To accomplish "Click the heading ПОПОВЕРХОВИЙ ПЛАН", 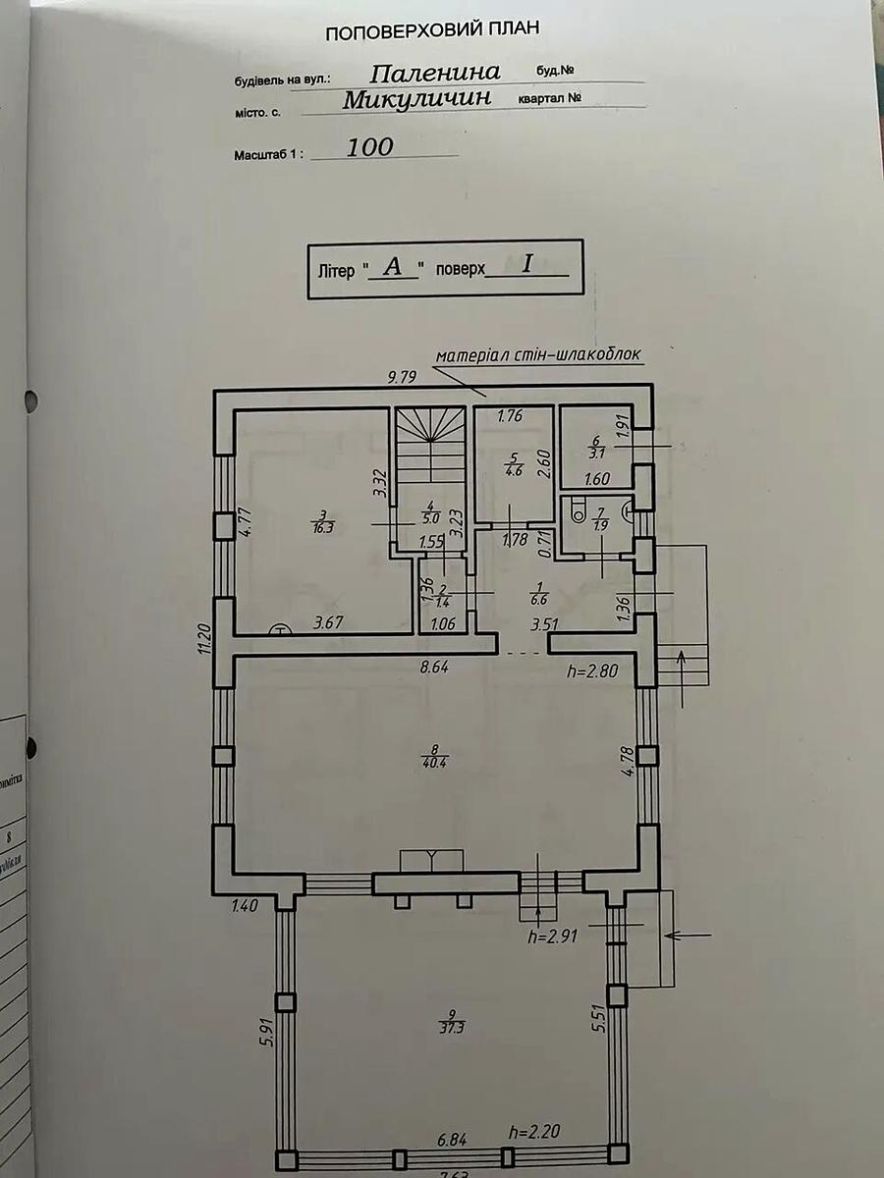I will pos(432,31).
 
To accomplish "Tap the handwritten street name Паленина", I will pos(436,72).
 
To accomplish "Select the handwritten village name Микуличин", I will pos(417,100).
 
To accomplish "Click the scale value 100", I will pos(369,147).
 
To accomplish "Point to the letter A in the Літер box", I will pos(393,266).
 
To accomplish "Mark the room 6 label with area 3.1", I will pos(595,448).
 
